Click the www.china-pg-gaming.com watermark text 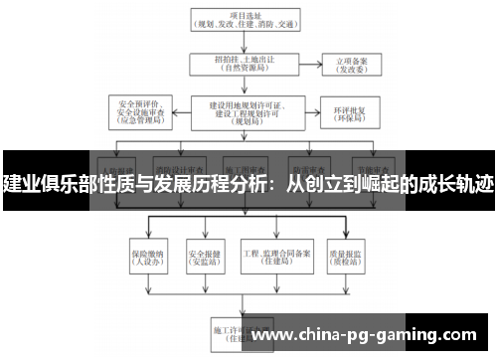[x=368, y=334]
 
